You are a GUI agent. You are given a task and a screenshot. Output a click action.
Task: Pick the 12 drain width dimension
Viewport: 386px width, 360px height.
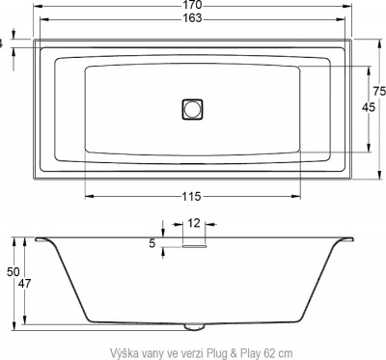[194, 223]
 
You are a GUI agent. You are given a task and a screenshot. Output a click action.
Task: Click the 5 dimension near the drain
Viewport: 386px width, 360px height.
[152, 244]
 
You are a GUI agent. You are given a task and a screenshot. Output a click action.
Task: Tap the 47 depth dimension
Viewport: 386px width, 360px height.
[26, 283]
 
